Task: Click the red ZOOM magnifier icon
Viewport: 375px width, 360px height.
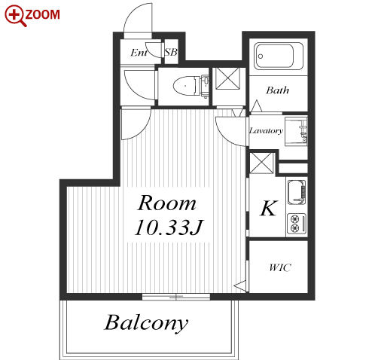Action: (16, 16)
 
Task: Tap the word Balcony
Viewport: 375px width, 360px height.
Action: (146, 323)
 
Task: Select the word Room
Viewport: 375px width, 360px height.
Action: (167, 203)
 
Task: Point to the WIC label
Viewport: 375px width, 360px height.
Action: (280, 267)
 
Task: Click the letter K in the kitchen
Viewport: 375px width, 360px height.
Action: (269, 208)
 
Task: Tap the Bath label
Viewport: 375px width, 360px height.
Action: (277, 90)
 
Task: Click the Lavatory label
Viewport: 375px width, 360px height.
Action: (266, 130)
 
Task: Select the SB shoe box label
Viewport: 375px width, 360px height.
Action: (171, 52)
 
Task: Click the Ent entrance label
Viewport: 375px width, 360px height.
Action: (139, 53)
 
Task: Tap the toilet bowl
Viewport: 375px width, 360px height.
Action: (191, 86)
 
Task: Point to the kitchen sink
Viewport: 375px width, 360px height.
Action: (297, 192)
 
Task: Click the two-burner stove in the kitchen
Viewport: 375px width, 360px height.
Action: (297, 224)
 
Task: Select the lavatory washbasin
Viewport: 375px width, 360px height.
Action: (296, 131)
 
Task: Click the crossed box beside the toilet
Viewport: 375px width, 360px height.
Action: (228, 78)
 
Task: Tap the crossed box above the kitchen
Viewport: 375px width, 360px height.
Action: (261, 163)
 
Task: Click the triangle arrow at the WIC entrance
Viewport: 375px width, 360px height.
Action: (240, 285)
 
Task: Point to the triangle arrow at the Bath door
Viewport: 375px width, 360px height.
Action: (257, 105)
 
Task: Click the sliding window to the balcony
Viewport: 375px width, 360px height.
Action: (176, 297)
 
